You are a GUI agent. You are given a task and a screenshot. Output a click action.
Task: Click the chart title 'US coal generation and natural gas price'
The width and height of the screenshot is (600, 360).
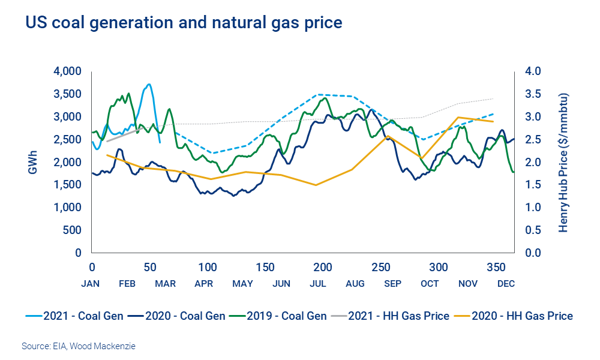[183, 23]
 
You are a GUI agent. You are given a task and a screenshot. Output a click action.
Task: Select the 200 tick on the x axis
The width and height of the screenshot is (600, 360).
[323, 266]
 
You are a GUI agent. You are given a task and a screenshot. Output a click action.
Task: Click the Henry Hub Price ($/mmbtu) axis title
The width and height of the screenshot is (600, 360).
[563, 163]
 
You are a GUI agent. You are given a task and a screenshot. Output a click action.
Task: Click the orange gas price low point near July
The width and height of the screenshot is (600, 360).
[316, 185]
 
